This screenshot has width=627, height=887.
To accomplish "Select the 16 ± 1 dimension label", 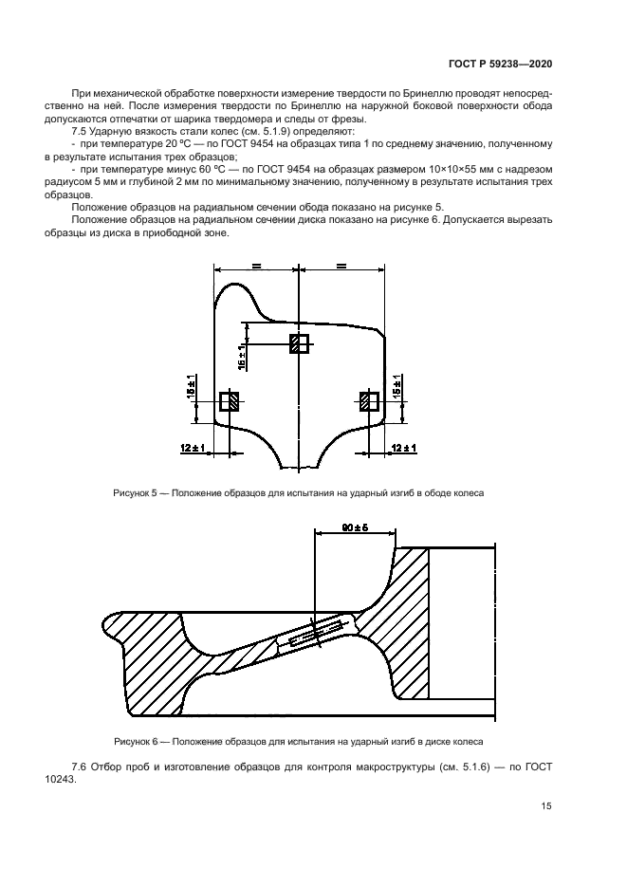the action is (x=243, y=356).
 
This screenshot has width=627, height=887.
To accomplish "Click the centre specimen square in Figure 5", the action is (x=299, y=343).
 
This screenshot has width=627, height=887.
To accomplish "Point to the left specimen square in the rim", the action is (x=229, y=401).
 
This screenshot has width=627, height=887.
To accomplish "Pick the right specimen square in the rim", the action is (x=369, y=401).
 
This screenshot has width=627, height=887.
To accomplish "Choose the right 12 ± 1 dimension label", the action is (x=404, y=447).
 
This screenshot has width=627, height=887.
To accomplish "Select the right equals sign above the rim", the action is (x=341, y=267).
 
